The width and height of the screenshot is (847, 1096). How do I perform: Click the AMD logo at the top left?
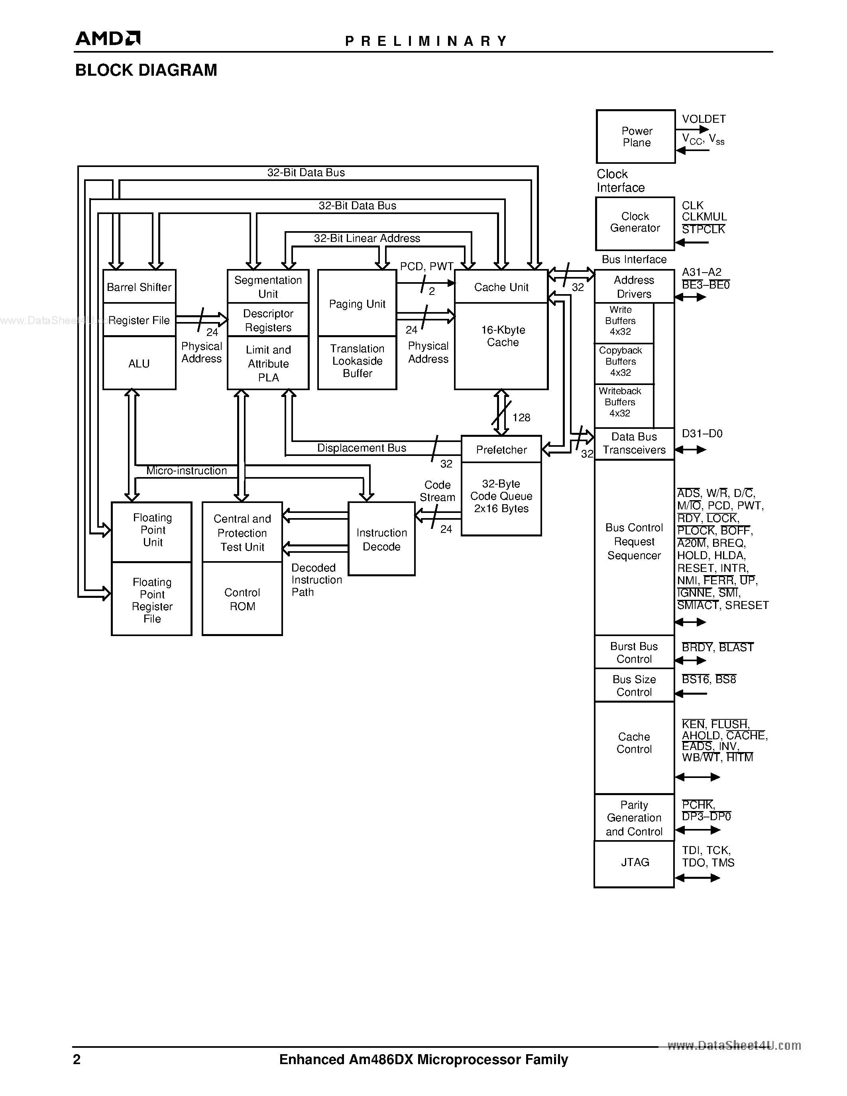tap(107, 39)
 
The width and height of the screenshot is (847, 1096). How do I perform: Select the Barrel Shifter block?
tap(139, 287)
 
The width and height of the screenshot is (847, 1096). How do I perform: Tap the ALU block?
tap(139, 363)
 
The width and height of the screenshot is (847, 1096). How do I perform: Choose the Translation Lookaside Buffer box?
tap(357, 361)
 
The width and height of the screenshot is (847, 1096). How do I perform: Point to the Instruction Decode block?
tap(381, 540)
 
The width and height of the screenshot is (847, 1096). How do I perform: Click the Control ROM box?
tap(242, 599)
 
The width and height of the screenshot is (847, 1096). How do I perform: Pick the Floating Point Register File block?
tap(151, 600)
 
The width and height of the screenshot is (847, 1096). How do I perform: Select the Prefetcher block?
tap(501, 450)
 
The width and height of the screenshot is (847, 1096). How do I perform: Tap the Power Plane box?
tap(636, 136)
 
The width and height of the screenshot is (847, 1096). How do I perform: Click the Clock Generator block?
tap(635, 222)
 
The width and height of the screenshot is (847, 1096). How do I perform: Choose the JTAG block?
tap(635, 862)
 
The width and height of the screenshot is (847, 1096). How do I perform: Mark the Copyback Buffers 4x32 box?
tap(621, 362)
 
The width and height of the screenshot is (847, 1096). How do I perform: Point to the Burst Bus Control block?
tap(634, 652)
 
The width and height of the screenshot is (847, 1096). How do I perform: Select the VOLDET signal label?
tap(704, 119)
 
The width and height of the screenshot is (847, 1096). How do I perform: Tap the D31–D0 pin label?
tap(702, 434)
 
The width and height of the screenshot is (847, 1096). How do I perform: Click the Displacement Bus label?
tap(361, 448)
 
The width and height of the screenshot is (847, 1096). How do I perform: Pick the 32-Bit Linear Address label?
tap(367, 238)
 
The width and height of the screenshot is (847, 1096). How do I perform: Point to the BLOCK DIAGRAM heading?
tap(146, 70)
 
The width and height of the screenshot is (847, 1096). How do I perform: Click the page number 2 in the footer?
tap(77, 1059)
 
